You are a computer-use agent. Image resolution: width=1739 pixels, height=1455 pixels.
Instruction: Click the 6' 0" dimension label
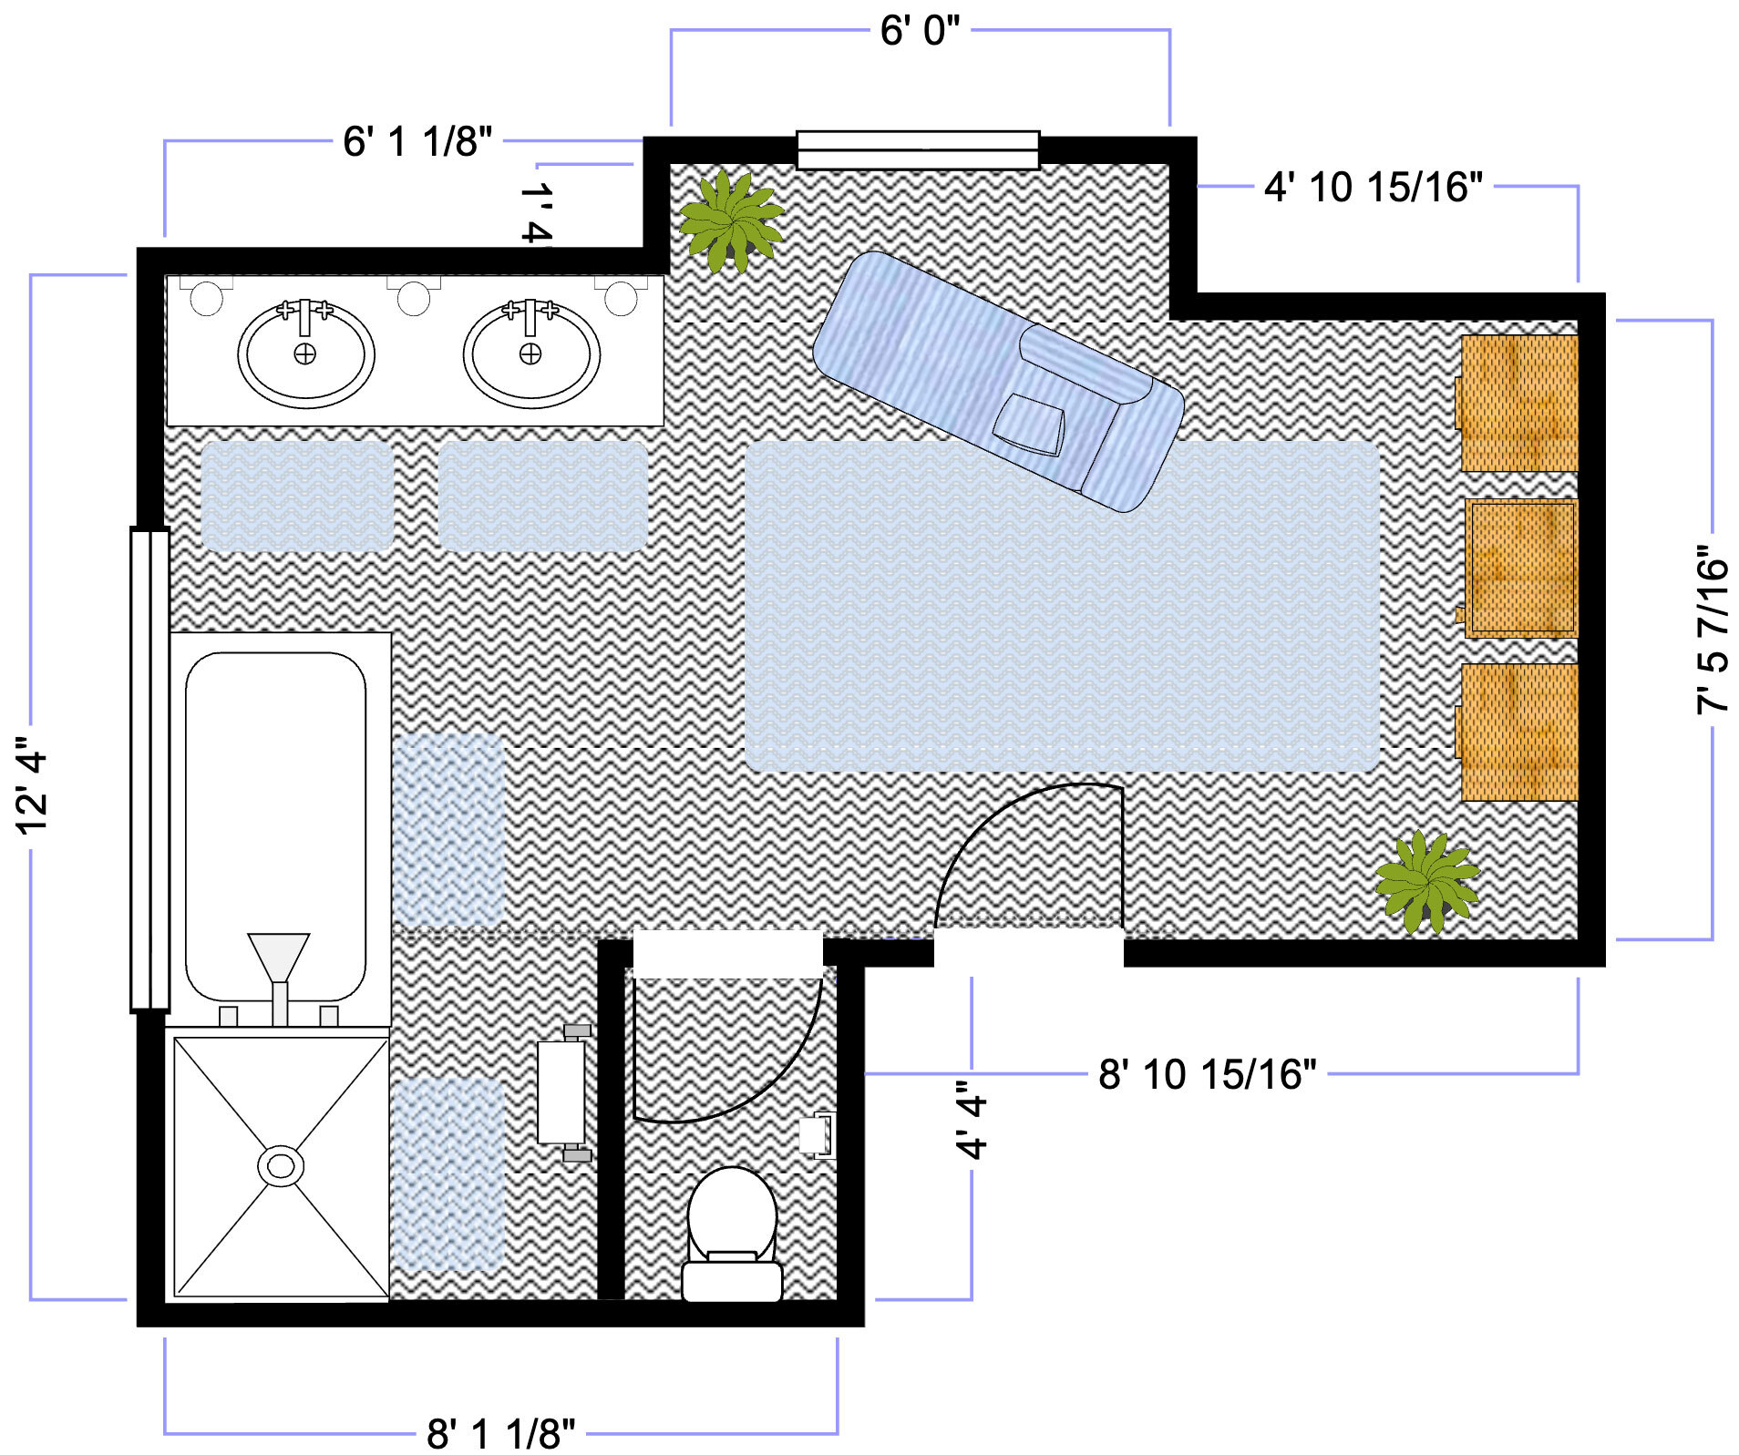919,31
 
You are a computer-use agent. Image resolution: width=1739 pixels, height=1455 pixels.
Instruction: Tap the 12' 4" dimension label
31,785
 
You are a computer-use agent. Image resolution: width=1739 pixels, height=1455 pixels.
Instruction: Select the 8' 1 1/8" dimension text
500,1433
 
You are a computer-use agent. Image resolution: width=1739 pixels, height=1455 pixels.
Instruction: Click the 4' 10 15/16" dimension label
1373,187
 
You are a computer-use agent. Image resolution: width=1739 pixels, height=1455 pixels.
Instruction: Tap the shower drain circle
281,1165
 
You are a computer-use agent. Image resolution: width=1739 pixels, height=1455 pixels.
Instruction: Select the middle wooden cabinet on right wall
1519,567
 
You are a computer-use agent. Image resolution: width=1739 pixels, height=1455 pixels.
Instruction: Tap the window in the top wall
917,150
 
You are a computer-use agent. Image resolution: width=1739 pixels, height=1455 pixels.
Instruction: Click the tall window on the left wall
149,769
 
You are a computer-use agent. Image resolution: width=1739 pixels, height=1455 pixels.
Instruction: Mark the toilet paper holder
816,1135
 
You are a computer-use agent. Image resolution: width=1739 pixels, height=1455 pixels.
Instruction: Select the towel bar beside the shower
561,1093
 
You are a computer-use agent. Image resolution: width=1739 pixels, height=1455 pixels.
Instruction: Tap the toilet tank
732,1280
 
